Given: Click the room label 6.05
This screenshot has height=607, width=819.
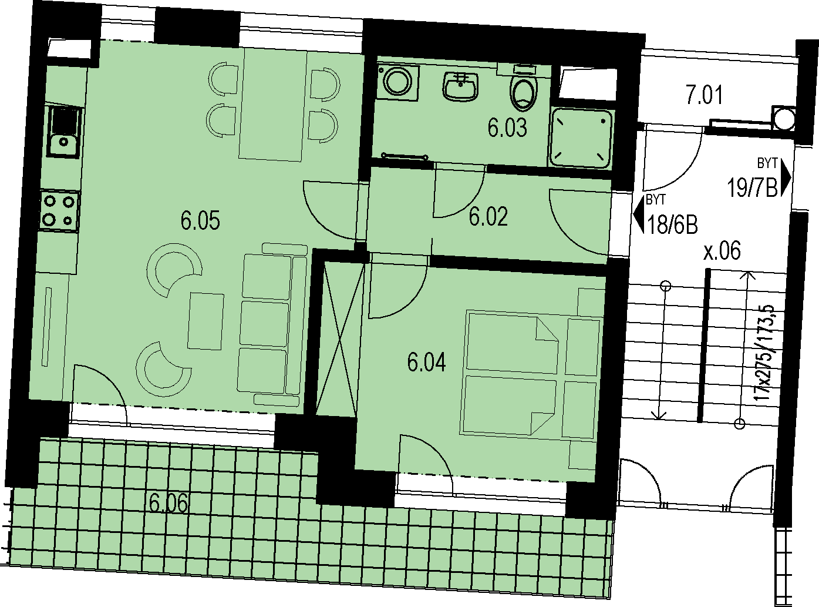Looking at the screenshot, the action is pyautogui.click(x=200, y=220).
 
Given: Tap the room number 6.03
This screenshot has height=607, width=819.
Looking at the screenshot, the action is pyautogui.click(x=507, y=128).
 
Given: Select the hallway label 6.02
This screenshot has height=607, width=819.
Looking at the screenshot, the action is pyautogui.click(x=488, y=217).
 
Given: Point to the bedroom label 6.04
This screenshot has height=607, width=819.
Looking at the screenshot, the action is pyautogui.click(x=426, y=362).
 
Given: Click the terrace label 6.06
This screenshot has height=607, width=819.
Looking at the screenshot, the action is pyautogui.click(x=168, y=503).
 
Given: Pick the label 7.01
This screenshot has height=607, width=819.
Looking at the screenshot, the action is pyautogui.click(x=704, y=95).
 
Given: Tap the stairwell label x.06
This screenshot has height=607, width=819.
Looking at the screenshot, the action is pyautogui.click(x=722, y=251).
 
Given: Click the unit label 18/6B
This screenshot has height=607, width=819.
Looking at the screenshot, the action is pyautogui.click(x=672, y=224).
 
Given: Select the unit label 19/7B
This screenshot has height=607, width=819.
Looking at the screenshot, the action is pyautogui.click(x=752, y=187).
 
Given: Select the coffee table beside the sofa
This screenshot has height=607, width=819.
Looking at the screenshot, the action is pyautogui.click(x=206, y=321).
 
